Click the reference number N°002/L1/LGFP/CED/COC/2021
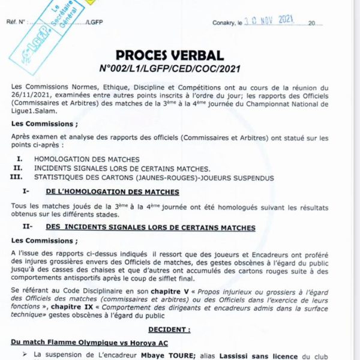(170, 70)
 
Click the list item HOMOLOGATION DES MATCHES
(87, 160)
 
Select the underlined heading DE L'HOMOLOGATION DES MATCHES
(112, 193)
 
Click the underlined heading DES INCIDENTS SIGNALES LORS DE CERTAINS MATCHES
(151, 228)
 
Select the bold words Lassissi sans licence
(240, 355)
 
